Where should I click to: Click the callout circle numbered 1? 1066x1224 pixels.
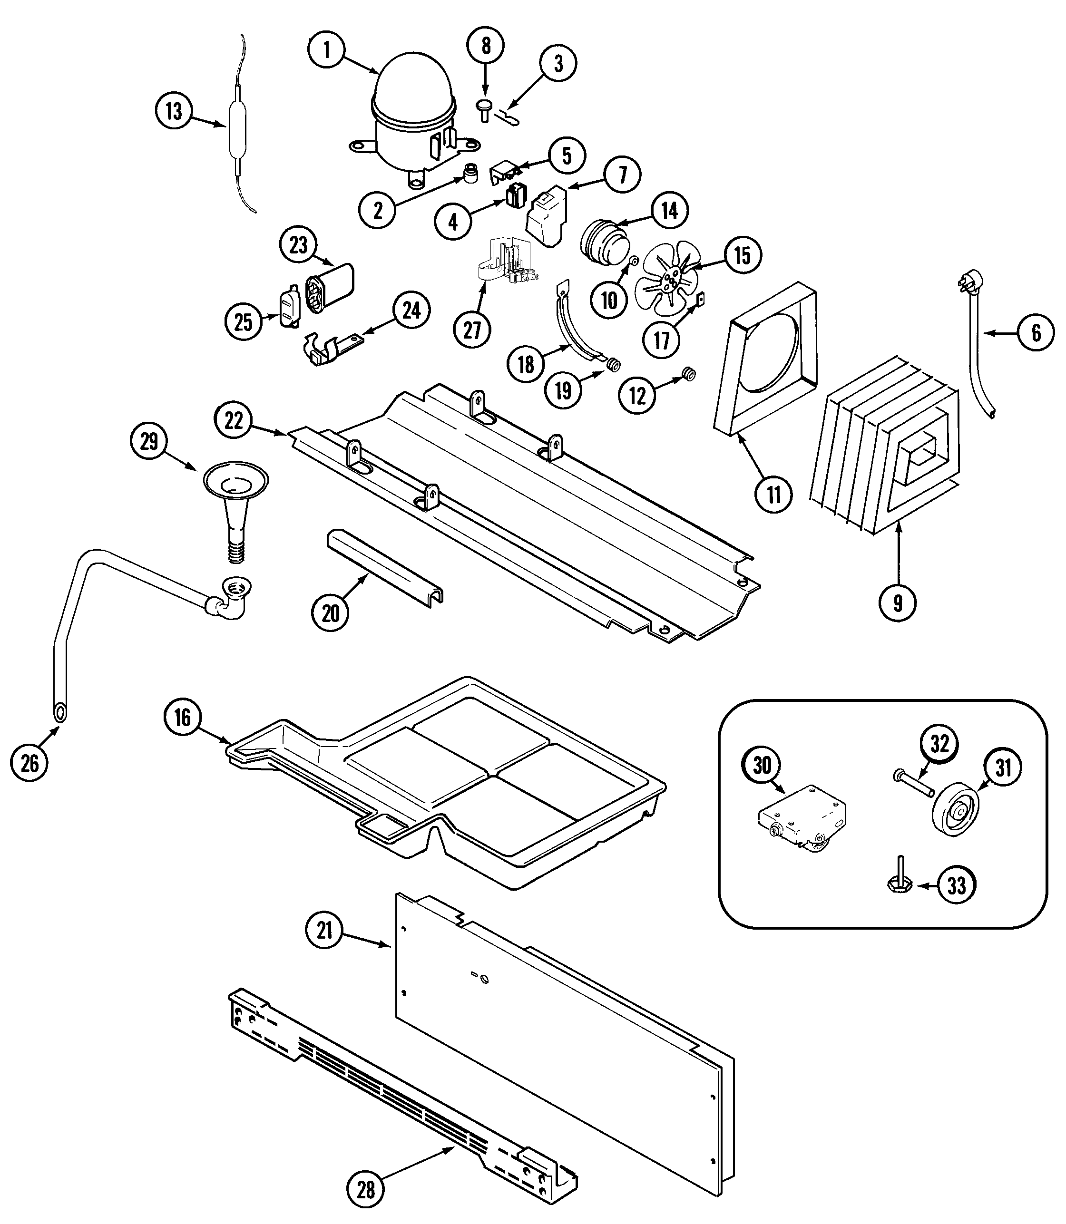(327, 50)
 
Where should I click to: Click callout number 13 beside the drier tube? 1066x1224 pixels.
(174, 111)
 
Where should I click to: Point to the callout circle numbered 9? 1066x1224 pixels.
(898, 603)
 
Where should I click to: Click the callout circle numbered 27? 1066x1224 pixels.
(472, 330)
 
